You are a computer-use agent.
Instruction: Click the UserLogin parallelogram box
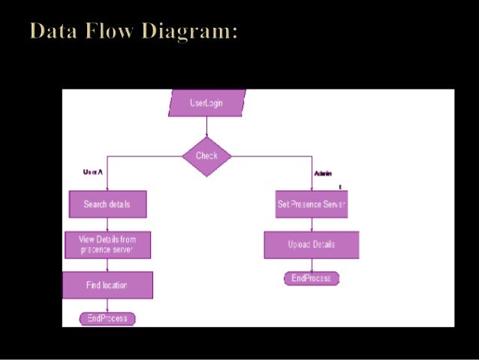click(x=206, y=103)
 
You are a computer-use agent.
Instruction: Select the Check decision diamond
click(x=206, y=156)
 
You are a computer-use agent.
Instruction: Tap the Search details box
click(x=107, y=204)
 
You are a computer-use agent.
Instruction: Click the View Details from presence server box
click(x=107, y=244)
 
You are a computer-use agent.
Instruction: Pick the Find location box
click(x=107, y=285)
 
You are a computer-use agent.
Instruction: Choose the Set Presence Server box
click(x=311, y=204)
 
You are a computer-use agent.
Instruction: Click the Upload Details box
click(x=311, y=244)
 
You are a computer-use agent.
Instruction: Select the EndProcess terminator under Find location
click(x=107, y=319)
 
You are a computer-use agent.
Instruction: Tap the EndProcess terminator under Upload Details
click(x=311, y=279)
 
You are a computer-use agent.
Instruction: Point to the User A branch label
click(x=92, y=172)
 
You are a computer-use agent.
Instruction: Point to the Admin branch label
click(x=323, y=174)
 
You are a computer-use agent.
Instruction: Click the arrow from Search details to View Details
click(x=107, y=224)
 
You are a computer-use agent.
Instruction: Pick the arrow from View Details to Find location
click(x=107, y=265)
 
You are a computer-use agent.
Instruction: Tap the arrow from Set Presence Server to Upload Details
click(x=311, y=224)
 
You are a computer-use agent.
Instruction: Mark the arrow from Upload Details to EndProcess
click(x=311, y=265)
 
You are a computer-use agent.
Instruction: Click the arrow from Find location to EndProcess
click(x=107, y=305)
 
